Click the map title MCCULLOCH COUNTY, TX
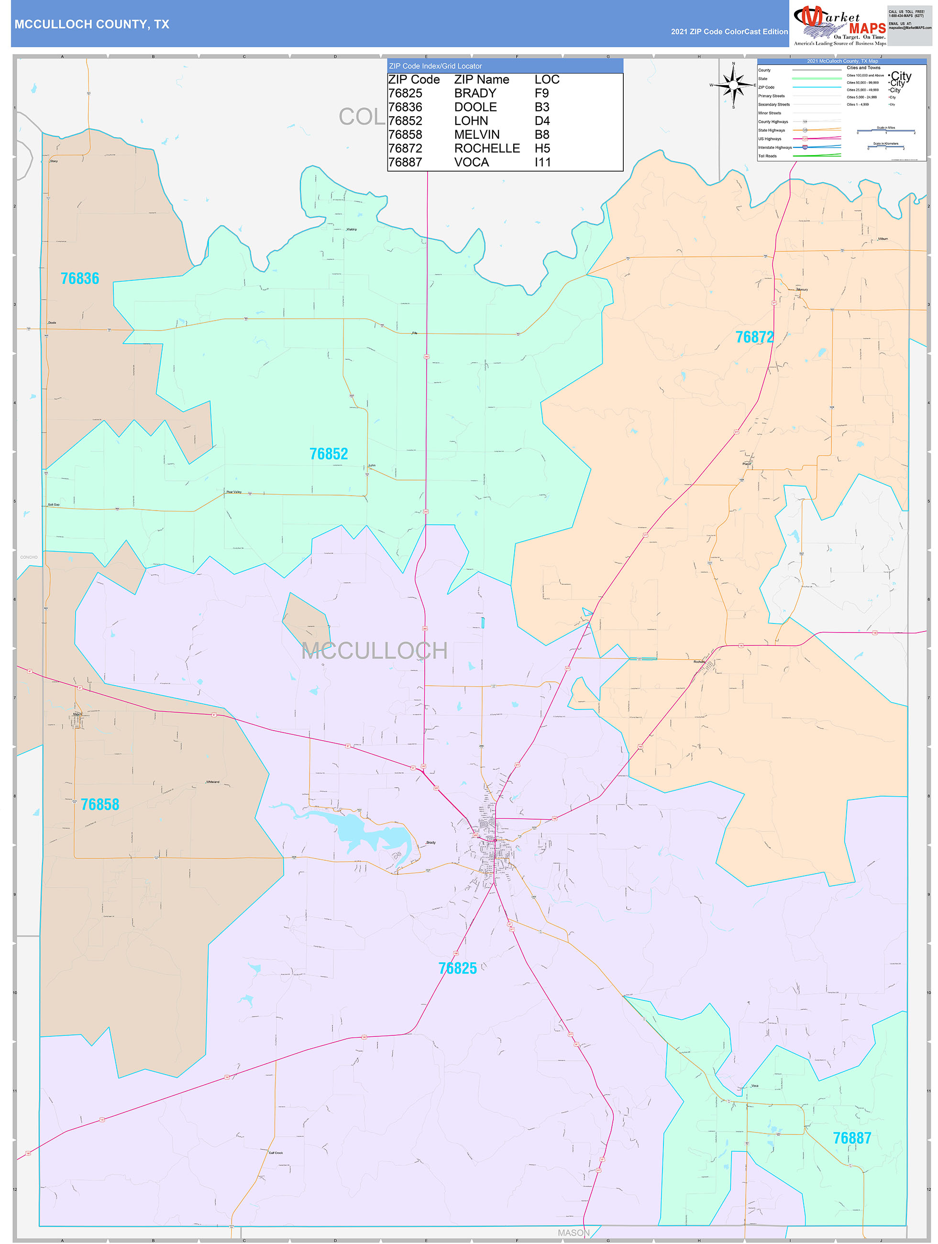pyautogui.click(x=92, y=24)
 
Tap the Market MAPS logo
pyautogui.click(x=839, y=25)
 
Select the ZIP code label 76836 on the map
pyautogui.click(x=80, y=278)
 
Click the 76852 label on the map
pyautogui.click(x=329, y=454)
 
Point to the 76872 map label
pyautogui.click(x=754, y=337)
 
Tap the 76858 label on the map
pyautogui.click(x=99, y=804)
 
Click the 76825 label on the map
pyautogui.click(x=457, y=968)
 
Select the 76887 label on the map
pyautogui.click(x=851, y=1138)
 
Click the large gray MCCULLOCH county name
pyautogui.click(x=374, y=651)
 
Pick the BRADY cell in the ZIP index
pyautogui.click(x=475, y=93)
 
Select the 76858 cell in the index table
pyautogui.click(x=405, y=134)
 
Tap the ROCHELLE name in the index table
pyautogui.click(x=486, y=148)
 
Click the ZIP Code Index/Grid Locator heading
pyautogui.click(x=435, y=66)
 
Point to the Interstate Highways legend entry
pyautogui.click(x=774, y=147)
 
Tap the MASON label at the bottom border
pyautogui.click(x=573, y=1232)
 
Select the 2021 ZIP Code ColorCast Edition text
pyautogui.click(x=729, y=32)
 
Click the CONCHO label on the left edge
pyautogui.click(x=29, y=557)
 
